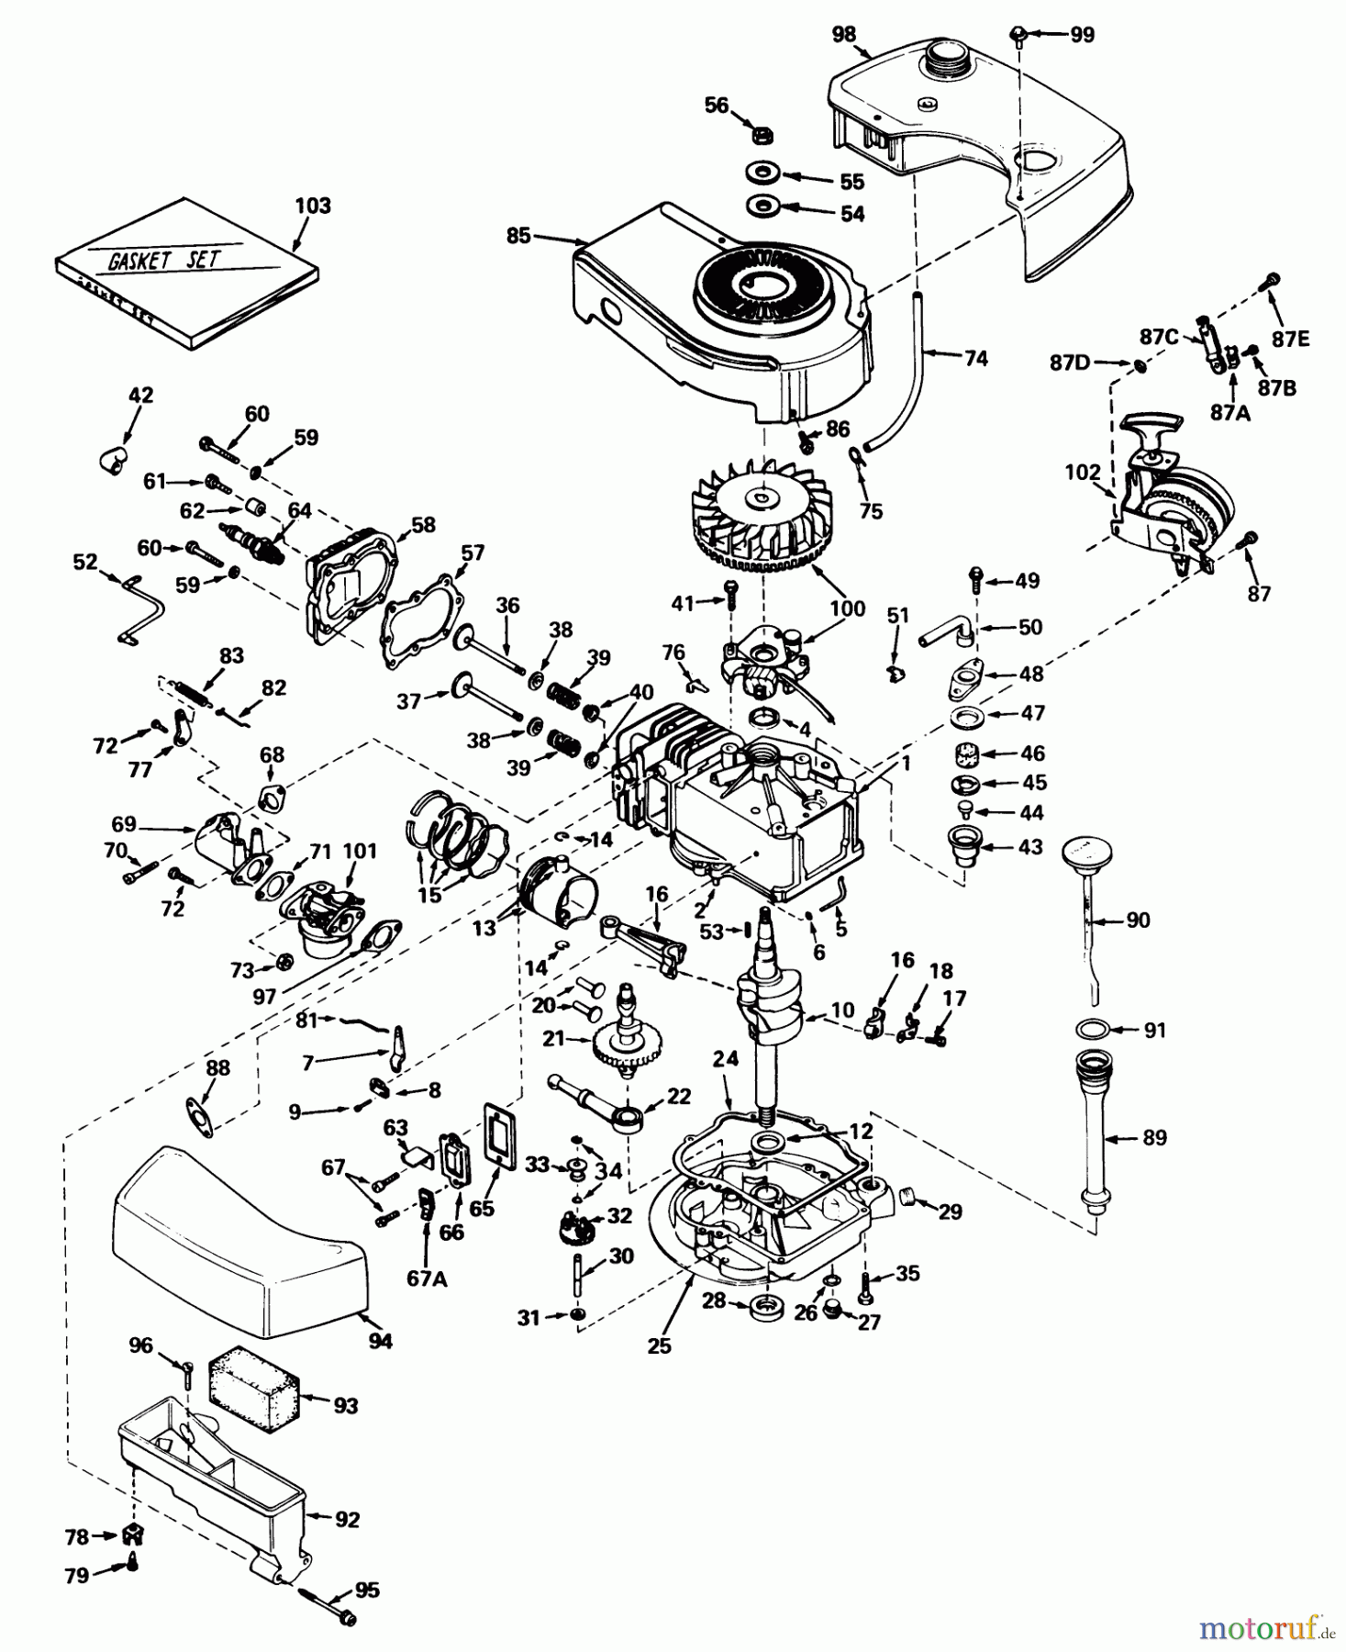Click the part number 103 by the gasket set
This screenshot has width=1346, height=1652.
[x=312, y=206]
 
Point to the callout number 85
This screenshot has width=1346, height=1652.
[x=518, y=236]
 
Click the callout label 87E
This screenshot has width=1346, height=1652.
[x=1290, y=339]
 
